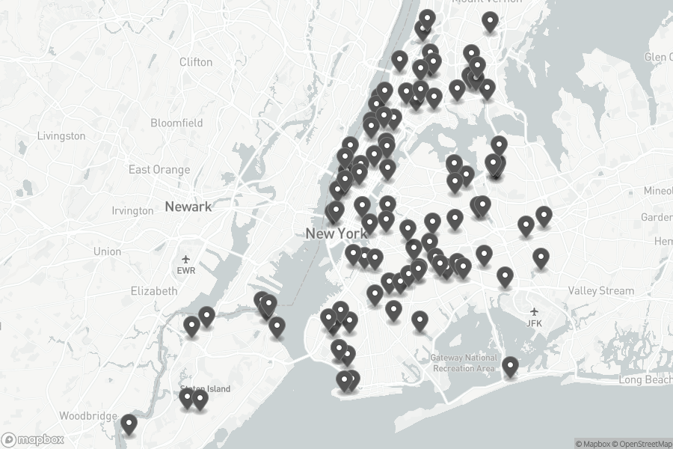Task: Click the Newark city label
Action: click(188, 206)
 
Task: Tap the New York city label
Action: click(336, 233)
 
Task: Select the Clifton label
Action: click(196, 62)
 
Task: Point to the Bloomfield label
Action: click(176, 123)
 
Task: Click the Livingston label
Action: click(61, 136)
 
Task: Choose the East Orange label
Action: click(159, 170)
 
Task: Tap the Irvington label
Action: click(132, 211)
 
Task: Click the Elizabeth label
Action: click(154, 290)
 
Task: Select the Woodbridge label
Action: click(88, 415)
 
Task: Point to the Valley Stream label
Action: click(600, 290)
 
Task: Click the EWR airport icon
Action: click(186, 257)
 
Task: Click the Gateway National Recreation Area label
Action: click(464, 363)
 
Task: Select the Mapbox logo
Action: click(33, 439)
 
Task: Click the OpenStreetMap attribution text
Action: click(642, 444)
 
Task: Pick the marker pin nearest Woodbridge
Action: click(129, 424)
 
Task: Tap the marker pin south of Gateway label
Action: click(510, 366)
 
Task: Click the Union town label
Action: click(107, 251)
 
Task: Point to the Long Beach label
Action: click(645, 380)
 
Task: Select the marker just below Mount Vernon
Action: click(490, 22)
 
